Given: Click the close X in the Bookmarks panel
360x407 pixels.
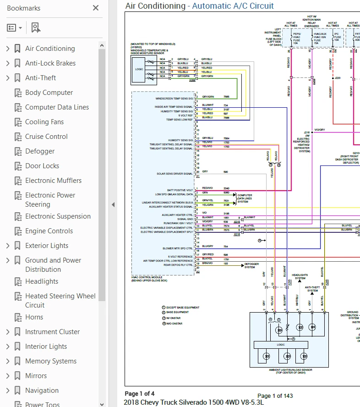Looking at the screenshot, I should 95,8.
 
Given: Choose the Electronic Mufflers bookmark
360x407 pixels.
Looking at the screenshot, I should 53,181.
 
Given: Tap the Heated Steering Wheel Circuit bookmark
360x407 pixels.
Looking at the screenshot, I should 60,301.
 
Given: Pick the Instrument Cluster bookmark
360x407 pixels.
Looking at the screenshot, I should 52,332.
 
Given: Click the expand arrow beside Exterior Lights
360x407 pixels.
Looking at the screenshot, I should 7,246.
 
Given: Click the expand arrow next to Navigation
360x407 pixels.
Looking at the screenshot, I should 7,390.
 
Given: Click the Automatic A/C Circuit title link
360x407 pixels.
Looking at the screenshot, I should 233,6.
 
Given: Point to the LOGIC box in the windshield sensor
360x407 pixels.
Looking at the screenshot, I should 139,69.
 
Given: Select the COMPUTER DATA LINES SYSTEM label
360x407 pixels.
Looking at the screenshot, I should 245,198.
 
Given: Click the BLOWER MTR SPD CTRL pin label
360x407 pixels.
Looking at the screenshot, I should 177,248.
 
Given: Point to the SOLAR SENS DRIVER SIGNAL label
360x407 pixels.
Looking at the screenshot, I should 175,174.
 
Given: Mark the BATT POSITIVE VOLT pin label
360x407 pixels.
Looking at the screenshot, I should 180,190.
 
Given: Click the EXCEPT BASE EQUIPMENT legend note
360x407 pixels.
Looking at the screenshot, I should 183,308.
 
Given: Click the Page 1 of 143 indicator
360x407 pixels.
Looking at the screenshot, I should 275,396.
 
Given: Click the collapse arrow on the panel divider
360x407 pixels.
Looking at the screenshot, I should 113,204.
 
